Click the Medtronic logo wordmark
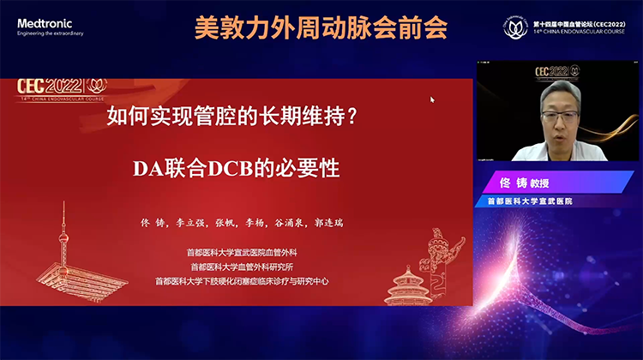(45, 23)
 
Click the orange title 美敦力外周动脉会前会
(321, 28)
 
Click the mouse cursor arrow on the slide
(432, 99)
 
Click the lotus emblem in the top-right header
(514, 27)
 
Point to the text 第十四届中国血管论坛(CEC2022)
(579, 22)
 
